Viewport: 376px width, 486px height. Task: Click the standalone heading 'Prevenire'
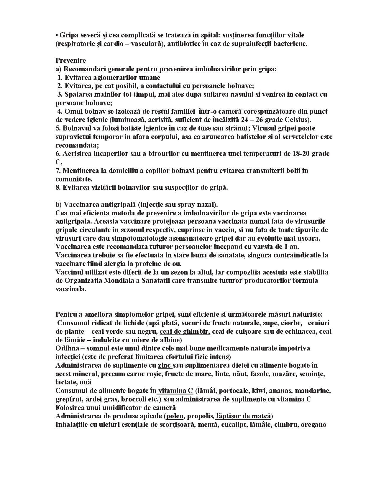coord(71,60)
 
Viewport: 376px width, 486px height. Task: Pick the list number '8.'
coord(58,188)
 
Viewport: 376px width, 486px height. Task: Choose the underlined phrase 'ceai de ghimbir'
coord(185,331)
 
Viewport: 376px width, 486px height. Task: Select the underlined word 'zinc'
coord(164,366)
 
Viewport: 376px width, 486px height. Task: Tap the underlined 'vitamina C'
coord(175,391)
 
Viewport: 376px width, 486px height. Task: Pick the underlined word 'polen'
coord(175,416)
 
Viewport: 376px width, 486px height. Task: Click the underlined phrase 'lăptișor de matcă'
coord(243,416)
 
